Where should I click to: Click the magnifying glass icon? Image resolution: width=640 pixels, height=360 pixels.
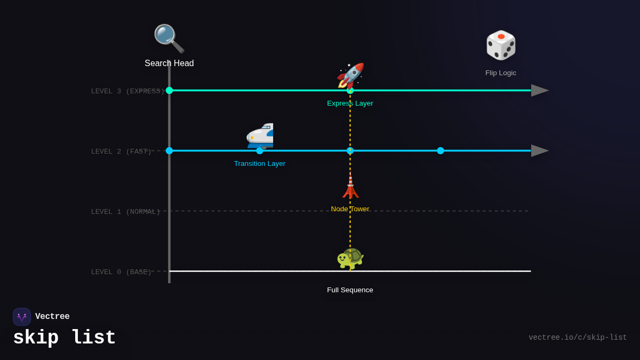tap(169, 38)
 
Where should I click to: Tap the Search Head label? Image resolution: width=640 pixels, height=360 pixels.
tap(169, 63)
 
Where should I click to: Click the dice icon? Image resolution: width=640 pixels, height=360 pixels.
tap(501, 45)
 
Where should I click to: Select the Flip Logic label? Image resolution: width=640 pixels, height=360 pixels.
tap(501, 73)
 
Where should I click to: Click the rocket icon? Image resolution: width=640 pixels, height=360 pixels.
tap(350, 76)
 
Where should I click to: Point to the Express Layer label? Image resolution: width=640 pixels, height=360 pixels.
tap(350, 103)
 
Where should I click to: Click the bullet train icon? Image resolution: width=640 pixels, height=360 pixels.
tap(260, 136)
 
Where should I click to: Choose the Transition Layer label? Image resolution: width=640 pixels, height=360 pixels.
tap(260, 164)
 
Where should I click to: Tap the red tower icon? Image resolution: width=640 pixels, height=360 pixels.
tap(350, 187)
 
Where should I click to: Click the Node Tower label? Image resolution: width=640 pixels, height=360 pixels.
tap(350, 209)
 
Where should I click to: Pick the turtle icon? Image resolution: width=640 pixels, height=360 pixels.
tap(350, 258)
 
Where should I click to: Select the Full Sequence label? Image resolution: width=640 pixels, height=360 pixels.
tap(350, 290)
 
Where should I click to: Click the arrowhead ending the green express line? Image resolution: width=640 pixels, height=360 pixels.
tap(539, 91)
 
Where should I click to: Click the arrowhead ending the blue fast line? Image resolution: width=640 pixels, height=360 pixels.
tap(539, 151)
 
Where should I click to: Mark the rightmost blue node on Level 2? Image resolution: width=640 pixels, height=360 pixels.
tap(441, 151)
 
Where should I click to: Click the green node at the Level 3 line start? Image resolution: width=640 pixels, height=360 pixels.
tap(169, 91)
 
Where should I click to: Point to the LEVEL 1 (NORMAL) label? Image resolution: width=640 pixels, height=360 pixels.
tap(125, 212)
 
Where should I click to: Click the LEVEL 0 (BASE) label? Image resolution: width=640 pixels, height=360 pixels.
tap(121, 272)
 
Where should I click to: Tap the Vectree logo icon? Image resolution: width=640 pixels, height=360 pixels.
tap(22, 317)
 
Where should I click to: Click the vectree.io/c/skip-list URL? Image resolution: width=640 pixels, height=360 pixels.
tap(578, 338)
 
